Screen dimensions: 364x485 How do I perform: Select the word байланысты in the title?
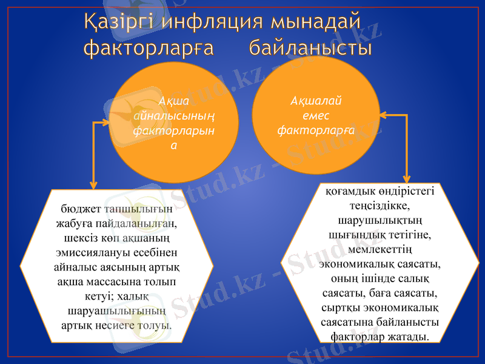[310, 47]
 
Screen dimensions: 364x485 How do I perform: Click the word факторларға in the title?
[149, 47]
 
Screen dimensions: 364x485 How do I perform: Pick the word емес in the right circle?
[315, 115]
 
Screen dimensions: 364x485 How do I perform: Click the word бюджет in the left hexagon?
[81, 210]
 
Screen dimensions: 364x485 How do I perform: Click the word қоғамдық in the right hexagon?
[352, 192]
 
